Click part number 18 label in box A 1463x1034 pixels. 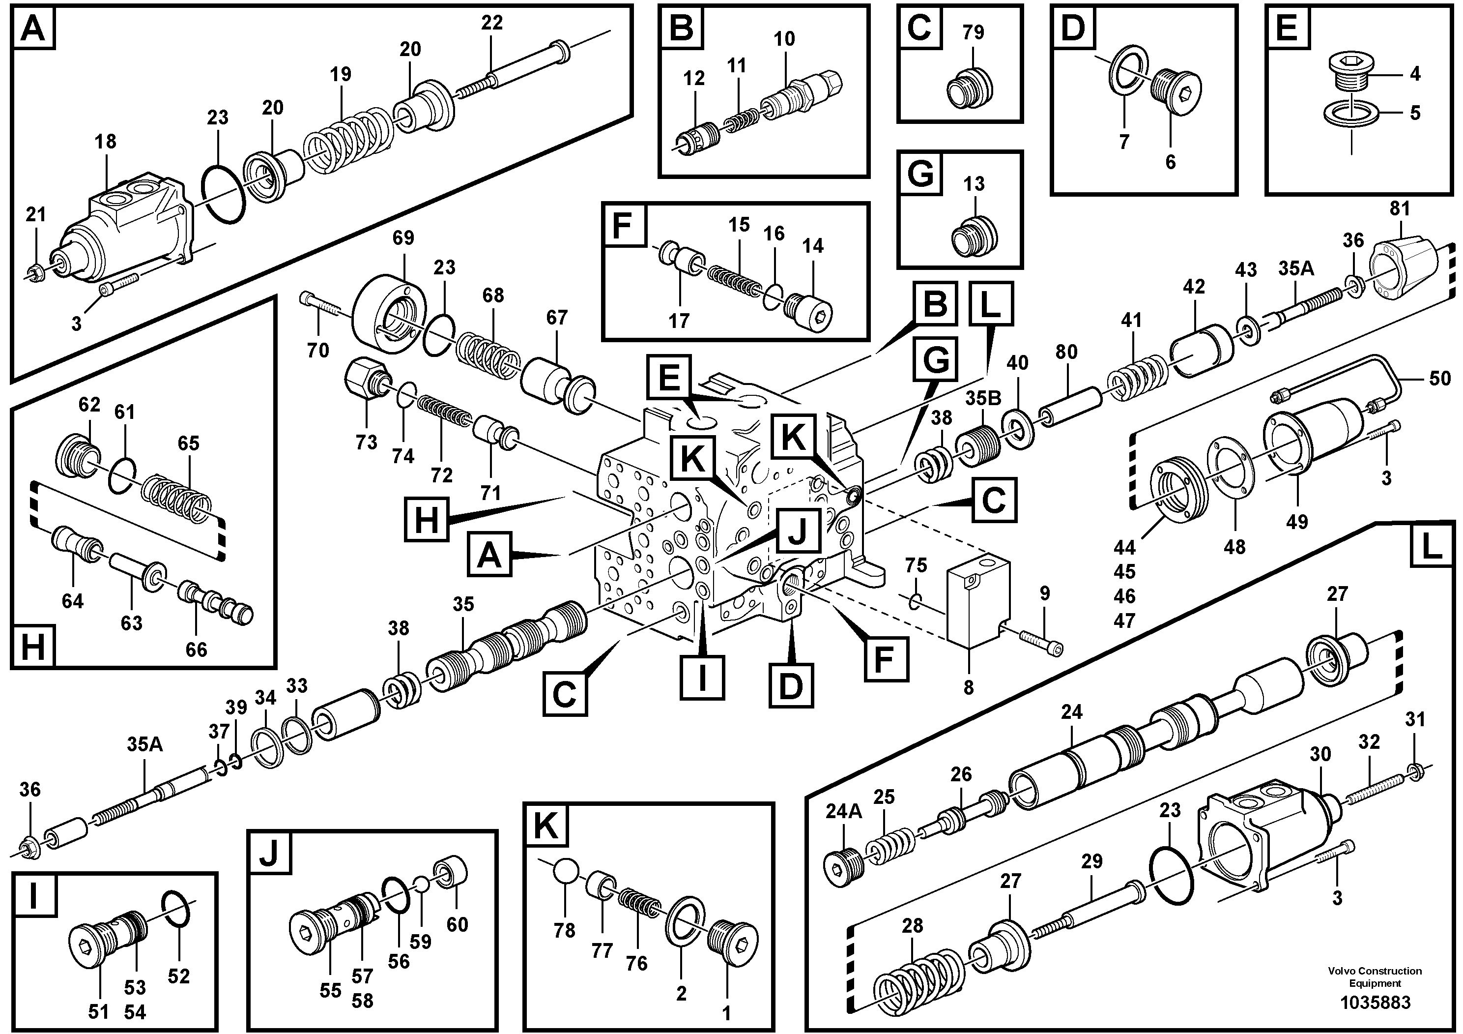point(106,142)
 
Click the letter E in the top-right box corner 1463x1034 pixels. point(1287,29)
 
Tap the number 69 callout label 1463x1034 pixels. point(402,238)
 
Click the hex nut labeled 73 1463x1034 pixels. point(363,379)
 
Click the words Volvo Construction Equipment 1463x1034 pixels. point(1375,976)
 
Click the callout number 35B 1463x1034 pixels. point(983,398)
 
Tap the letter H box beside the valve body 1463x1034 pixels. point(426,520)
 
